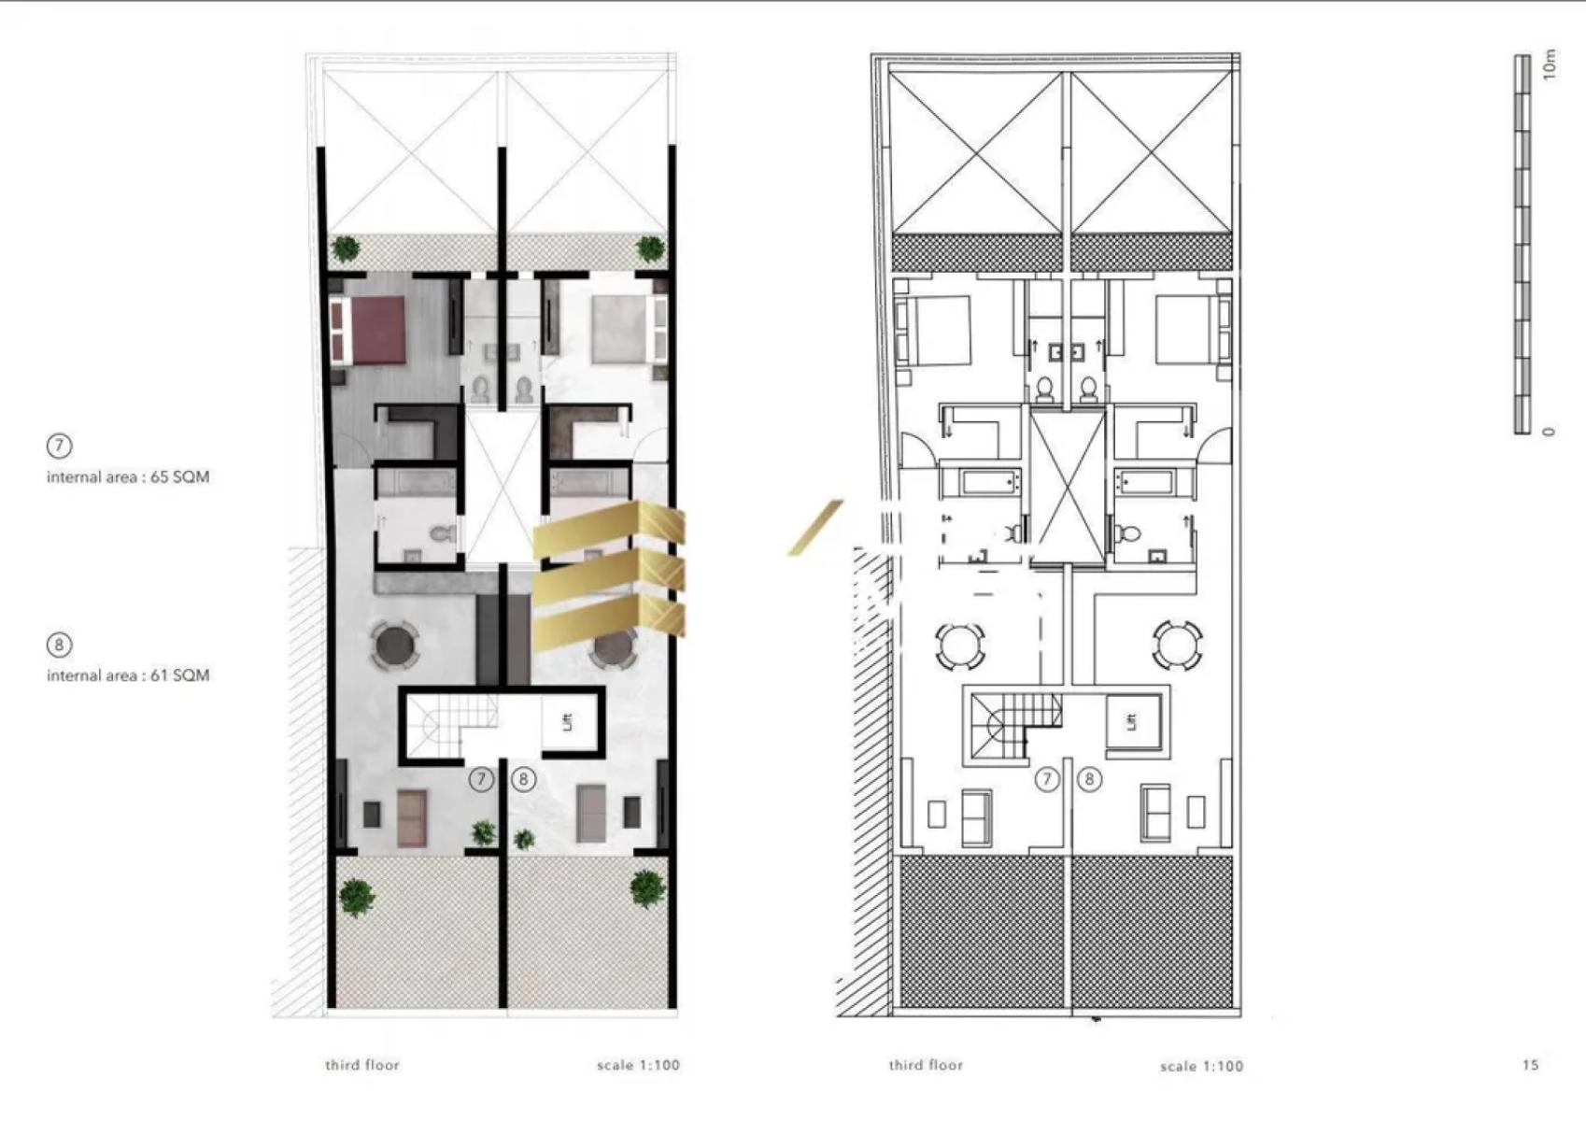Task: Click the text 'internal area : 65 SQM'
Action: click(x=128, y=477)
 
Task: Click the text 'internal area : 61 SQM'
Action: click(x=128, y=675)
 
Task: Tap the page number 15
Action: click(x=1530, y=1064)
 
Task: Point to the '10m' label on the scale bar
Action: click(x=1550, y=65)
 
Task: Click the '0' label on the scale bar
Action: click(x=1549, y=432)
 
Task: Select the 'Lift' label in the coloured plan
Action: click(x=566, y=722)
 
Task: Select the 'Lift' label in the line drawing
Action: click(x=1131, y=721)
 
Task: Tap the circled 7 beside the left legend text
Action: click(x=60, y=446)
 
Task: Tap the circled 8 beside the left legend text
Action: click(x=60, y=645)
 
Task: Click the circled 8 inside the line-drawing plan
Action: click(x=1089, y=780)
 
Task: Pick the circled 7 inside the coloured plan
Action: click(x=481, y=780)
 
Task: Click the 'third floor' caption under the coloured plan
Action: click(x=362, y=1065)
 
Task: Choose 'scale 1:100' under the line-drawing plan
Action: click(x=1201, y=1066)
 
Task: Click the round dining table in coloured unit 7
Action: click(x=394, y=645)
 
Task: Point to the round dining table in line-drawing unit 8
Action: click(x=1177, y=646)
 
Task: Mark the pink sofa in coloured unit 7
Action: click(x=412, y=818)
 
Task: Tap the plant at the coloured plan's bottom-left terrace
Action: click(x=357, y=897)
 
